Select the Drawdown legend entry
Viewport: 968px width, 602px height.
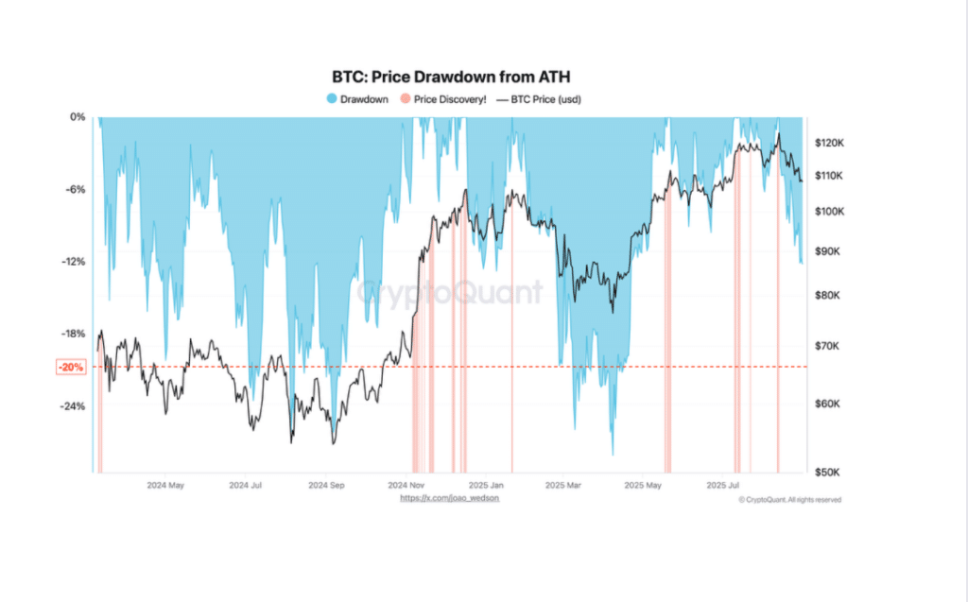(357, 98)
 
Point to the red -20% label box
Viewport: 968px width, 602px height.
(72, 367)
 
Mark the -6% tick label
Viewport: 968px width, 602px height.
(75, 189)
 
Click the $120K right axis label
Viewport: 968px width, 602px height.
(829, 142)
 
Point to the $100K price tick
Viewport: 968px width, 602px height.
(829, 212)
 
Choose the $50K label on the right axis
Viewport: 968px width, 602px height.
(826, 471)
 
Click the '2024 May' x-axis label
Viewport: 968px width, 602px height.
(165, 485)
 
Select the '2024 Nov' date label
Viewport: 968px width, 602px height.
(405, 485)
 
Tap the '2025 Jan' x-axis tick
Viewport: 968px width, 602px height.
(484, 485)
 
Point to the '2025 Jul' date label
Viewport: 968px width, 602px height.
(723, 485)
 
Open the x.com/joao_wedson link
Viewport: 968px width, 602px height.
(449, 498)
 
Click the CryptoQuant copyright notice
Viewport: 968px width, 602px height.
(790, 500)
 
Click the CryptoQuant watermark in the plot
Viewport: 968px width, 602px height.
(450, 292)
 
